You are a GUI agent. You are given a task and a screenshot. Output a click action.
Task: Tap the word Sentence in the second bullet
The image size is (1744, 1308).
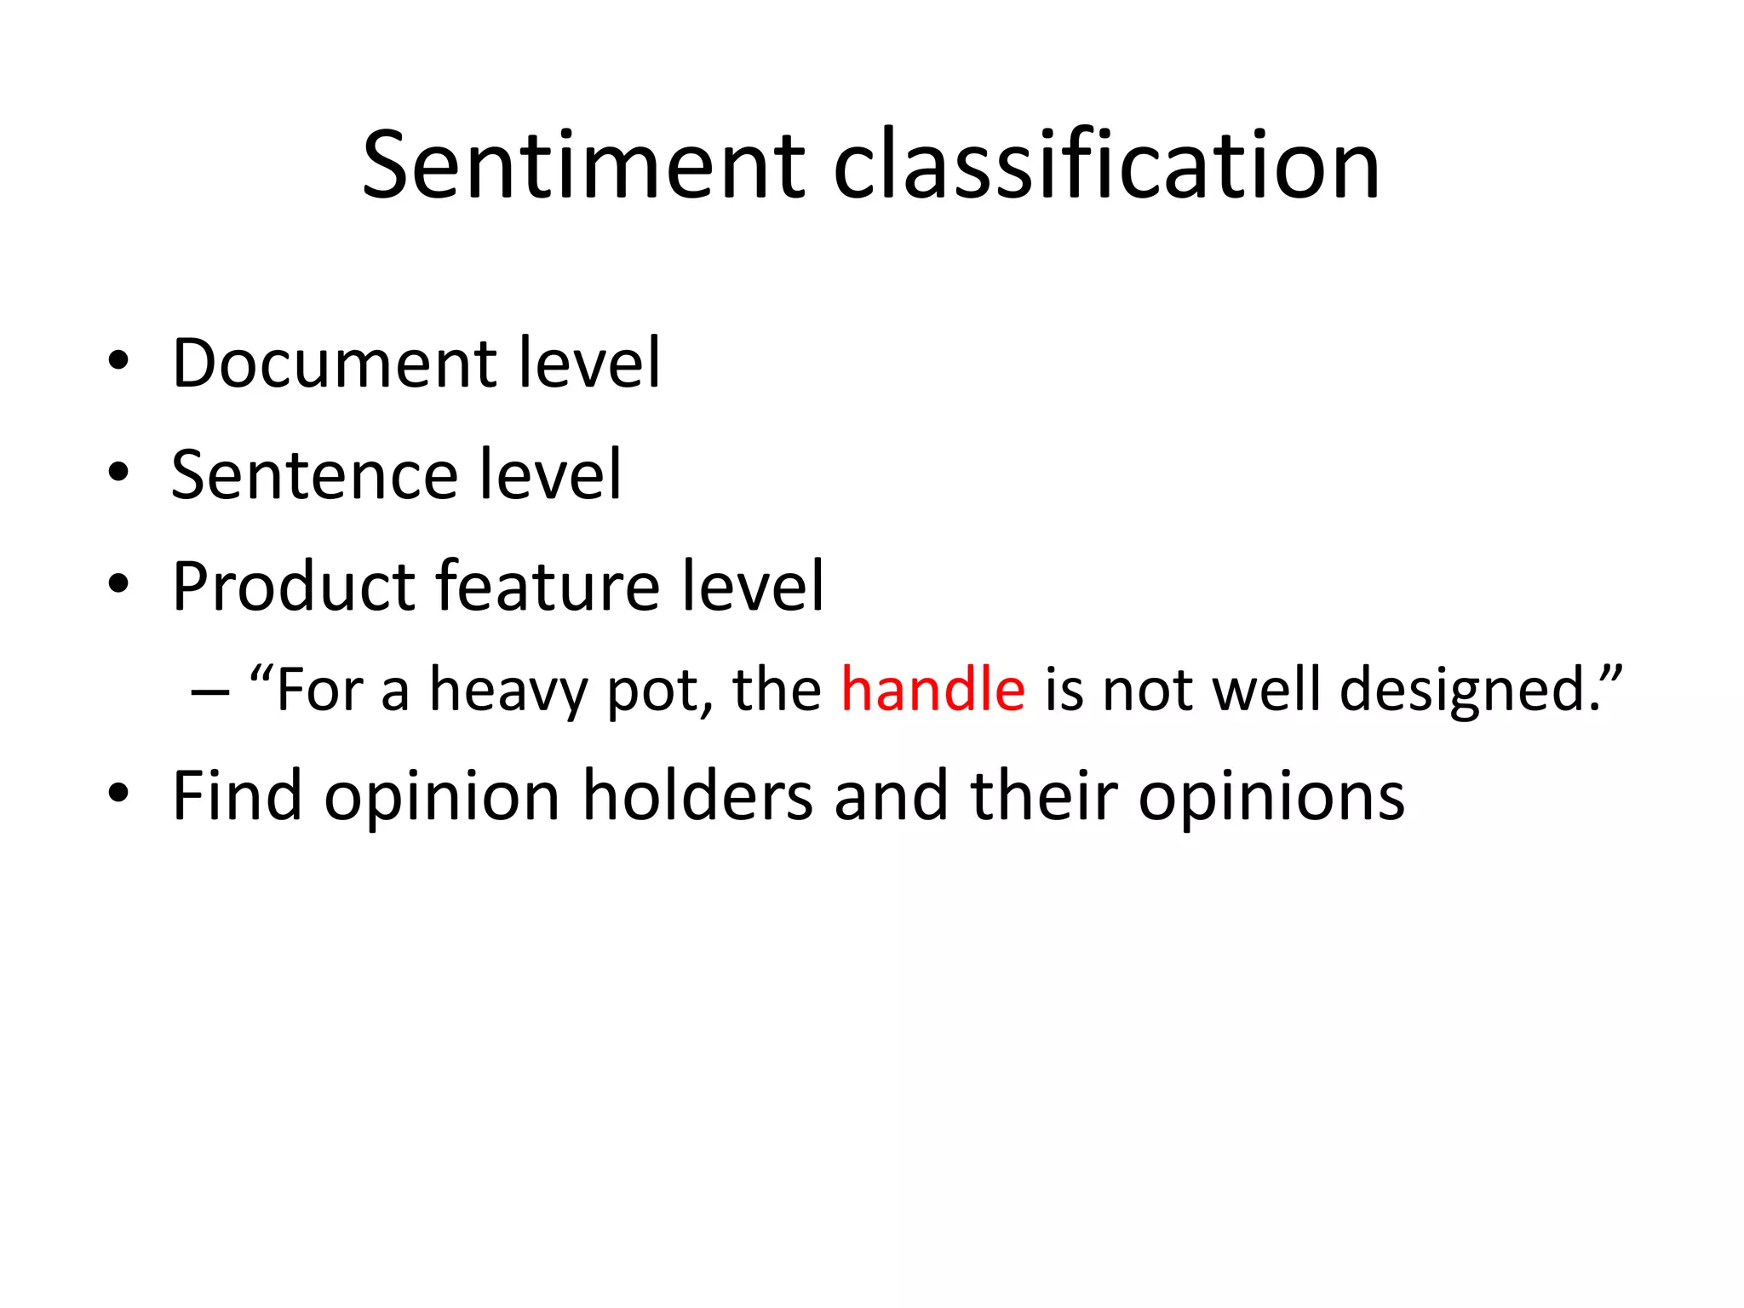click(x=313, y=474)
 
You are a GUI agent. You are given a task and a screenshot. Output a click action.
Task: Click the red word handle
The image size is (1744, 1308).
click(x=932, y=689)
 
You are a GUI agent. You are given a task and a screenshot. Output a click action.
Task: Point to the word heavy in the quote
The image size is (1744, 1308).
click(x=508, y=691)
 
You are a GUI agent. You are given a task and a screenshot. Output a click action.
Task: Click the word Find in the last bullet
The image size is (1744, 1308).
click(x=237, y=795)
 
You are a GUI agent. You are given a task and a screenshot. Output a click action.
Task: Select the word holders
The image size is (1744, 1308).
click(x=697, y=795)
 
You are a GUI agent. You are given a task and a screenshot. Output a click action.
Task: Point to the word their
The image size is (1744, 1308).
click(x=1043, y=795)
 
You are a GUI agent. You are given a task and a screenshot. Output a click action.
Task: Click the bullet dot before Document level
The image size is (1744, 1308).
click(x=118, y=362)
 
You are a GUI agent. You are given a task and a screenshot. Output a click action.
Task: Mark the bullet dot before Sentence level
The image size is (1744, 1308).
click(x=118, y=473)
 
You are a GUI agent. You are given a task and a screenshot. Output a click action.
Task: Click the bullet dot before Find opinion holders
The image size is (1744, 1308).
click(x=118, y=795)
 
